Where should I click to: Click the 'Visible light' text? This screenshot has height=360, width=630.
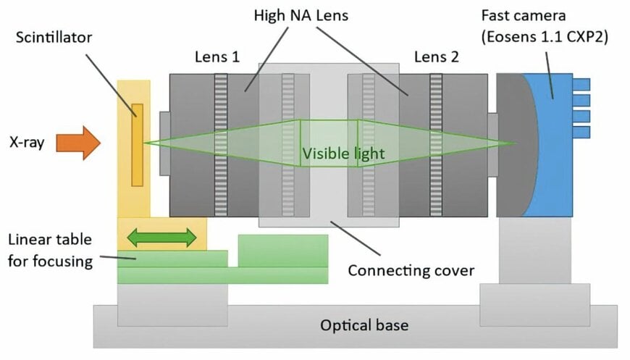(343, 154)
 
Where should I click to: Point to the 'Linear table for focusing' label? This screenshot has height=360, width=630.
(51, 250)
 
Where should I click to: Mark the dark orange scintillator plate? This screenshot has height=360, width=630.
(137, 144)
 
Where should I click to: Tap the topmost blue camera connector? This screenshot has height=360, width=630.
(581, 84)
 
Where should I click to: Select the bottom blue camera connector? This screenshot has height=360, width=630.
(581, 132)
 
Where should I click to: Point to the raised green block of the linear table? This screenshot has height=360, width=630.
(282, 251)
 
